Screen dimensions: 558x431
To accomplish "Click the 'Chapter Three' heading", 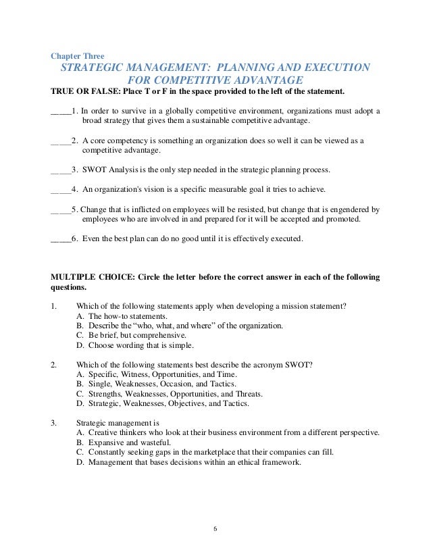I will (x=78, y=55).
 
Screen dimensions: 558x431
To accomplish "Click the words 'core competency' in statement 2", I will (x=116, y=141).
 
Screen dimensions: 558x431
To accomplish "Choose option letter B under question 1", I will (x=80, y=325).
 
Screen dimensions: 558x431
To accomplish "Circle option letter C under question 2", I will (x=80, y=393).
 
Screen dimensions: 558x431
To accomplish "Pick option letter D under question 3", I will (x=80, y=463).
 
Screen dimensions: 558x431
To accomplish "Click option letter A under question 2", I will (x=80, y=374).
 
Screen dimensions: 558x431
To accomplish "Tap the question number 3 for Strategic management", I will (x=53, y=423).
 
